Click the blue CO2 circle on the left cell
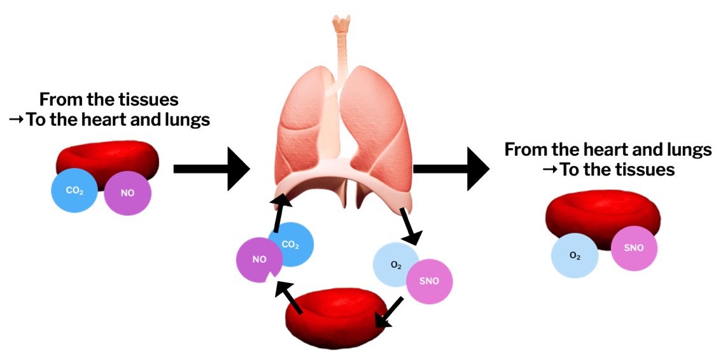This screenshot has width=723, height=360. click(x=74, y=190)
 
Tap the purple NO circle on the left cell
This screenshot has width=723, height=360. click(x=127, y=192)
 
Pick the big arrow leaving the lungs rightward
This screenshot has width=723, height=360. click(x=452, y=169)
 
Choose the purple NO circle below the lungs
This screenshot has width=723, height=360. click(x=258, y=260)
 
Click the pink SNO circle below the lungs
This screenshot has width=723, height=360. click(x=430, y=280)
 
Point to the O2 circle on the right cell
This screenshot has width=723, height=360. click(x=574, y=256)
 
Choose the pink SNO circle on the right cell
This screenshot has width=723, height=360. click(x=634, y=248)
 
